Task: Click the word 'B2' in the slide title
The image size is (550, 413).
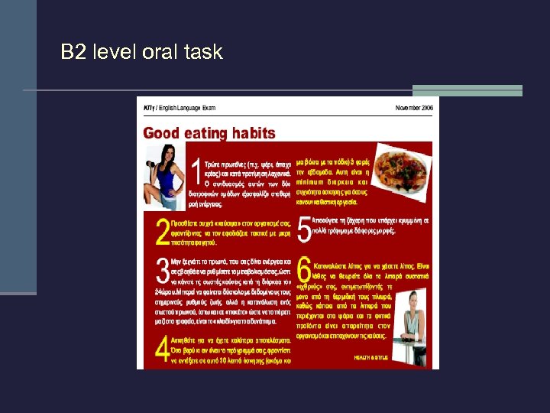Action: (73, 52)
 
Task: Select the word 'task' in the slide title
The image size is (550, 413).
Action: (202, 52)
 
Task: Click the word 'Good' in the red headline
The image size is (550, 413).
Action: (161, 133)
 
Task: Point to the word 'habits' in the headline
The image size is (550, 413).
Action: (253, 133)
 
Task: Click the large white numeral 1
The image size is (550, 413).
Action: (196, 171)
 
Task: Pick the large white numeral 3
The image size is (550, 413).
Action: (162, 272)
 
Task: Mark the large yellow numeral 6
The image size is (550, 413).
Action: (304, 269)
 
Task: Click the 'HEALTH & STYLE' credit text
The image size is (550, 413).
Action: (371, 357)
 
